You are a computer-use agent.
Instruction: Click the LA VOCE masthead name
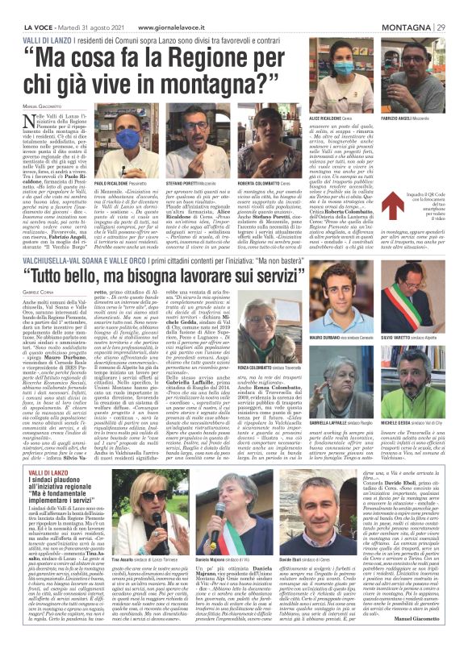[x=29, y=9]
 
